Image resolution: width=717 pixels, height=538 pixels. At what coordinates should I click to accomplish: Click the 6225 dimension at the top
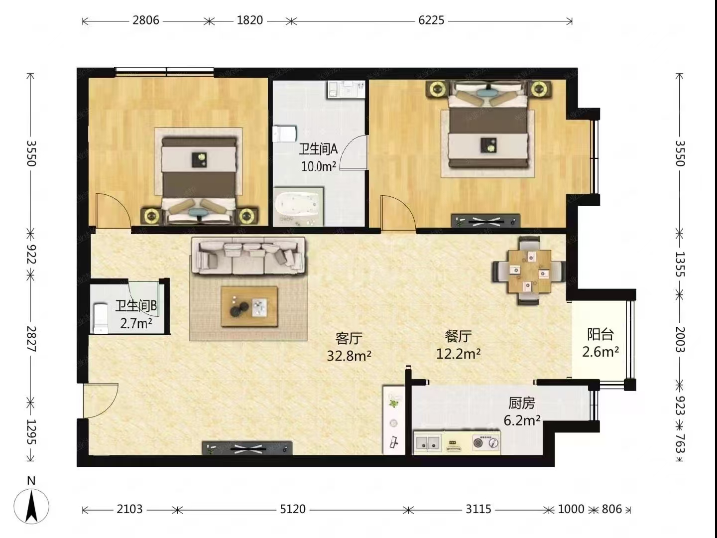coord(431,20)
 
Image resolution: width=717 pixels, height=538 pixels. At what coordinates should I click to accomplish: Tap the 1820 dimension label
coord(249,20)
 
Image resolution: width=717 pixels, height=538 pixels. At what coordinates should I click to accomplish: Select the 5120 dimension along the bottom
coord(293,509)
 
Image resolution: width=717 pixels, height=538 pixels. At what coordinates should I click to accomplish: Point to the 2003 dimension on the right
coord(680,339)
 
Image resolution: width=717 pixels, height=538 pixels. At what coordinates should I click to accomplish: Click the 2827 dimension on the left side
coord(31,339)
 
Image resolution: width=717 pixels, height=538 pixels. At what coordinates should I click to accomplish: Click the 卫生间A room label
coord(318,150)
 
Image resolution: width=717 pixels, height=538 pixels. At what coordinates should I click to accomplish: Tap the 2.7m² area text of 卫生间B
coord(136,324)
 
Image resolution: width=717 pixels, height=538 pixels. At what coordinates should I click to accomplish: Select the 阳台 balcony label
coord(600,334)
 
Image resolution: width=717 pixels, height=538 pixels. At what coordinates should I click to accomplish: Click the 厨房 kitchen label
coord(522,403)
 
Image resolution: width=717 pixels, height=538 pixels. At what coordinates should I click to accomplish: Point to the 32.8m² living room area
coord(349,356)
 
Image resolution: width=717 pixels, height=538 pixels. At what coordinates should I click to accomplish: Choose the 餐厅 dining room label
coord(458,336)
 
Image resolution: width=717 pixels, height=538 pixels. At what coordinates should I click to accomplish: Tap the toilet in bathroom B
coord(101,318)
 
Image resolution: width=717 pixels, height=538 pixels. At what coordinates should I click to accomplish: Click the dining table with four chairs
coord(529,271)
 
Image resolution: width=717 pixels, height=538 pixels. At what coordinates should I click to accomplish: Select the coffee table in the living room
coord(249,306)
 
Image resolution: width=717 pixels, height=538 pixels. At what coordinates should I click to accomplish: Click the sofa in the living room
coord(248,256)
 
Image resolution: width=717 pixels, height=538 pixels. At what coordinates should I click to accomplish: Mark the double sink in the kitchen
coord(428,443)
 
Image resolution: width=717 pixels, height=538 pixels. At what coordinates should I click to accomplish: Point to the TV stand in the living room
coord(247,448)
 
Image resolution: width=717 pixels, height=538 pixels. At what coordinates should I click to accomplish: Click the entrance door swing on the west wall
coord(101,401)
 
